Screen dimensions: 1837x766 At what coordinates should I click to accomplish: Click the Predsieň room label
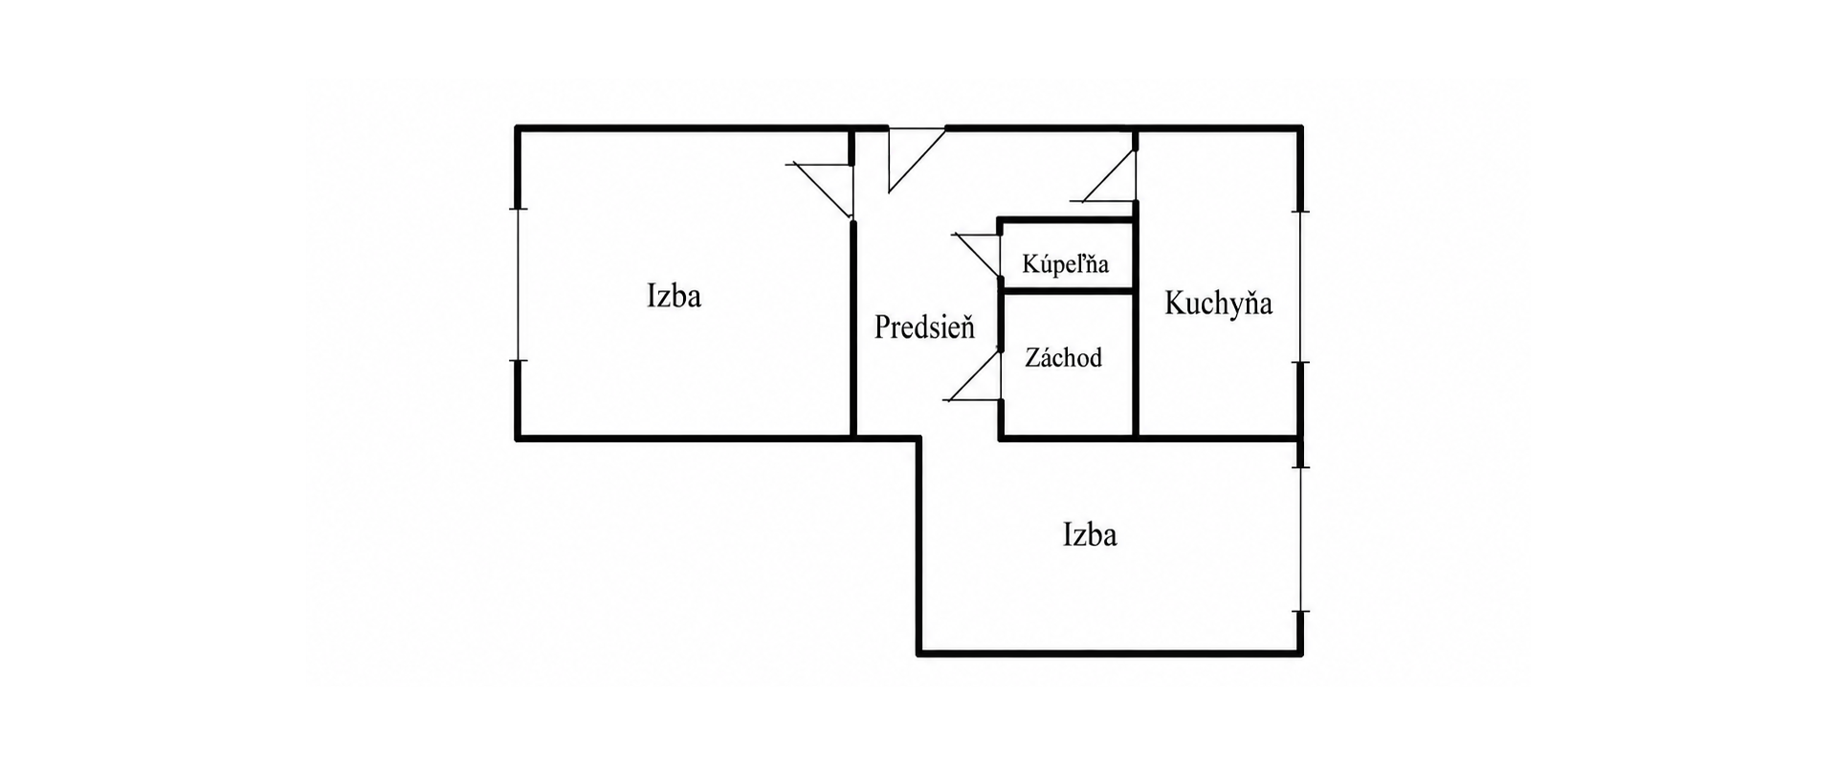(x=924, y=327)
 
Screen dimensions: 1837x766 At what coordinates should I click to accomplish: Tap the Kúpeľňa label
(x=1065, y=263)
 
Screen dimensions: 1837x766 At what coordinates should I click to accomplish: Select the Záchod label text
(x=1063, y=358)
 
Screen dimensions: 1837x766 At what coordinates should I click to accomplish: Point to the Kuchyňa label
(x=1218, y=304)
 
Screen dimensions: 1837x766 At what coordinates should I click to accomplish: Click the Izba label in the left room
(x=674, y=296)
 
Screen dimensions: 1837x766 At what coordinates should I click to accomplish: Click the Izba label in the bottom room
(x=1090, y=534)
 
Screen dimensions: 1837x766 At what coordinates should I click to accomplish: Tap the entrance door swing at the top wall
(x=916, y=159)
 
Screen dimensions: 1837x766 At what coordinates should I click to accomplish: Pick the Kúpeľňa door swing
(x=977, y=256)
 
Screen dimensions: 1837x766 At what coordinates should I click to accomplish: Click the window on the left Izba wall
(x=518, y=284)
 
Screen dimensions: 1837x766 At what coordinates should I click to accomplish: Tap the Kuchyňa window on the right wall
(x=1300, y=287)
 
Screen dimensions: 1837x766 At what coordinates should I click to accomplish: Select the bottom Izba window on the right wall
(x=1300, y=539)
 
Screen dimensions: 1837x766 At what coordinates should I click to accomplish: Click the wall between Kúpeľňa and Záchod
(x=1068, y=289)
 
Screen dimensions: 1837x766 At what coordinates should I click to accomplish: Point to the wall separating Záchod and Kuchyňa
(x=1136, y=364)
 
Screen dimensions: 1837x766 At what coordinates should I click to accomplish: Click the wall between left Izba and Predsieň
(x=852, y=330)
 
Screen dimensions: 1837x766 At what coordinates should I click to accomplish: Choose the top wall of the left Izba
(x=684, y=127)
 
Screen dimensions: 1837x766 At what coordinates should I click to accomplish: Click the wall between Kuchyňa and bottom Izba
(x=1219, y=439)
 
